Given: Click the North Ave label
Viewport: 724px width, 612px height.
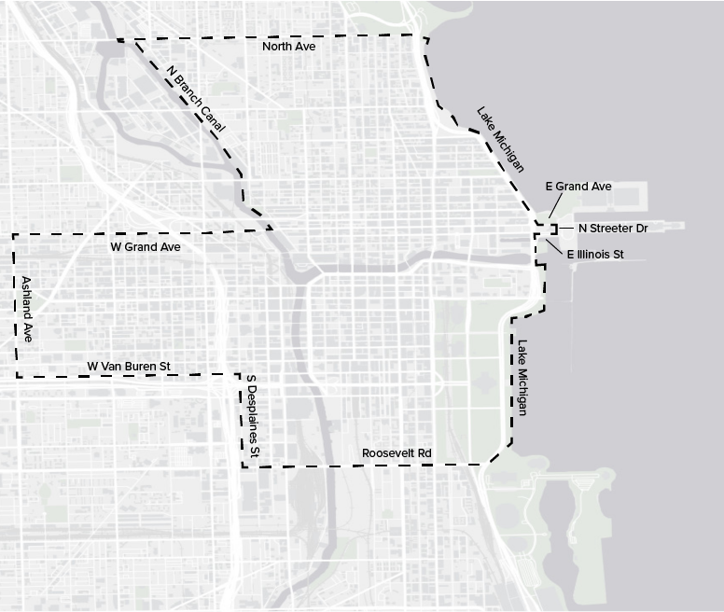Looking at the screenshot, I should [288, 46].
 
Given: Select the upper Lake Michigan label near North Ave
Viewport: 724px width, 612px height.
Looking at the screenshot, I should [500, 139].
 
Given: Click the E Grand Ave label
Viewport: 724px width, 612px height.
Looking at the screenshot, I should [578, 187].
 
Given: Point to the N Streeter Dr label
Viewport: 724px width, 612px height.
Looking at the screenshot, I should [613, 228].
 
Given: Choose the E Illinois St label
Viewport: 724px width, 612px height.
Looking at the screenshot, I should [594, 253].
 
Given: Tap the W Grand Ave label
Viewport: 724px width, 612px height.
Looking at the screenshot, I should [146, 247].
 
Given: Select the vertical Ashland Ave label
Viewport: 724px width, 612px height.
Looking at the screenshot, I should [27, 309].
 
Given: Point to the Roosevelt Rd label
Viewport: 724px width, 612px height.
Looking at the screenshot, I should [397, 453].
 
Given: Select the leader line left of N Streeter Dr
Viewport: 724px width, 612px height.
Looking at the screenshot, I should [566, 228].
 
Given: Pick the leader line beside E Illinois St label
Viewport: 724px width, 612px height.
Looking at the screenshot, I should [555, 245].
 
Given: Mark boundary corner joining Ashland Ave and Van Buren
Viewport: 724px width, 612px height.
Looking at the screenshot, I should [17, 376].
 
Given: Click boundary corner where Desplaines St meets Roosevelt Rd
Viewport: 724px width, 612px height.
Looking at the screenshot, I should [243, 466].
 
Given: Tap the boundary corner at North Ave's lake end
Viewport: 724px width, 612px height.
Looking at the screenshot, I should [425, 36].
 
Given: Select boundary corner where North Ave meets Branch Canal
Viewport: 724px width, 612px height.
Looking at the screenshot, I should [118, 40].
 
